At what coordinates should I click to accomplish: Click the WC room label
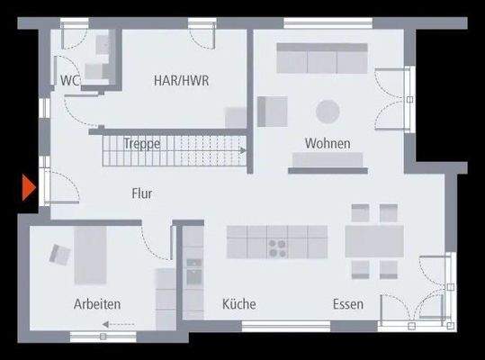point(70,80)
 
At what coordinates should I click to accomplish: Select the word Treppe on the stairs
point(143,142)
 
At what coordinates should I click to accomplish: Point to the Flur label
point(141,193)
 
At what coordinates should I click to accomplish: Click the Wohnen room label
point(328,143)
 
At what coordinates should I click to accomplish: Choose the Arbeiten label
point(97,304)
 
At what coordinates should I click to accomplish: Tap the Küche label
point(239,304)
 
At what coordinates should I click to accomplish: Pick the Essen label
point(348,304)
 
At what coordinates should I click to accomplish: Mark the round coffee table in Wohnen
point(328,111)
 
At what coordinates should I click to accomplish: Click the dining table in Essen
point(375,240)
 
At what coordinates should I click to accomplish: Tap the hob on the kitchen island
point(277,242)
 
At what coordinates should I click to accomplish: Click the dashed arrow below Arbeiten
point(119,322)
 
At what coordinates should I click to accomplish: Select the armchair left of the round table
point(271,112)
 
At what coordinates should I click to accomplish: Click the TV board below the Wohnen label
point(327,161)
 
